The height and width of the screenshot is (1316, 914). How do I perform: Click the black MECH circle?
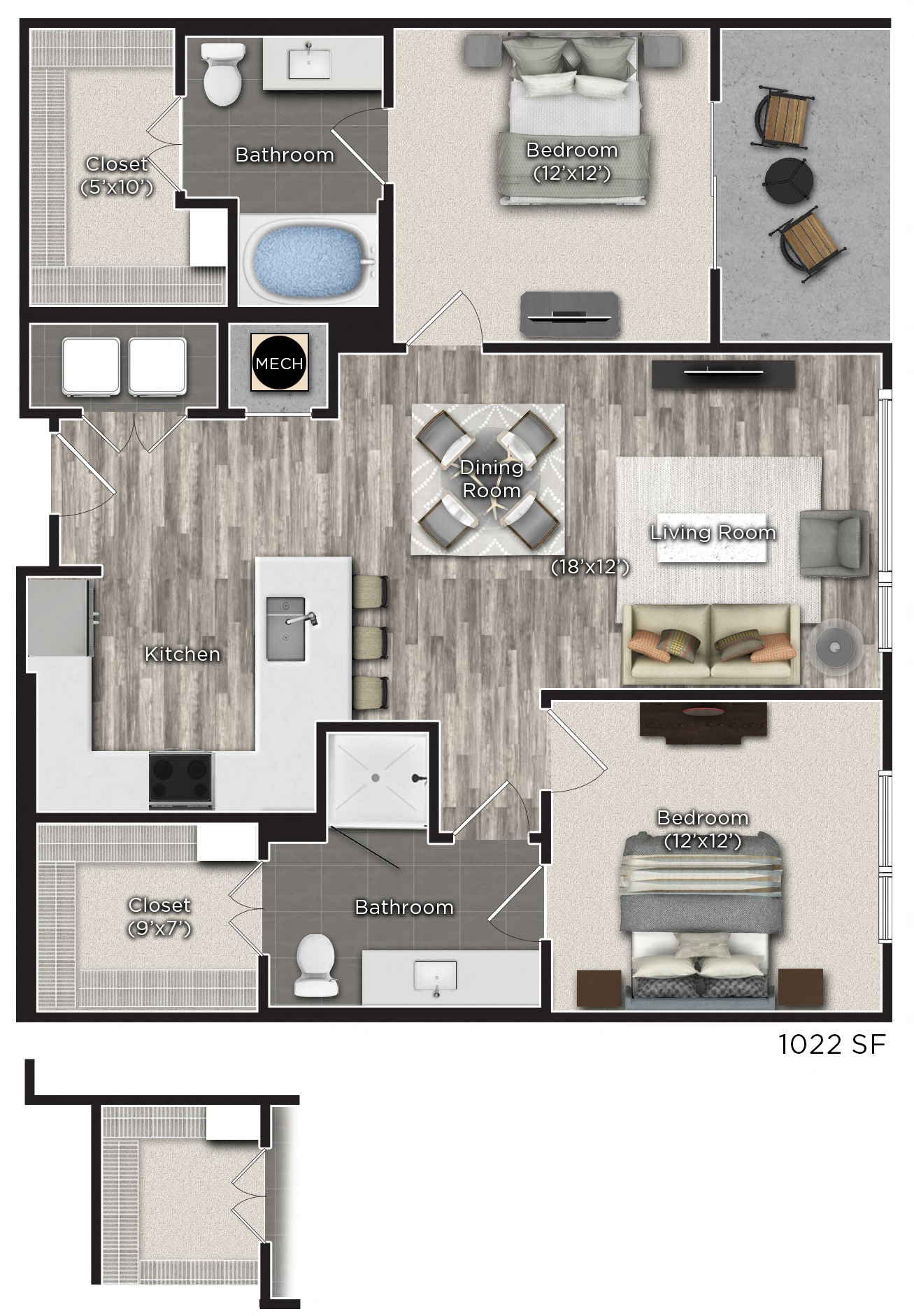pos(279,363)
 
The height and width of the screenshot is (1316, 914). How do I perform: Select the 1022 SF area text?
pos(831,1045)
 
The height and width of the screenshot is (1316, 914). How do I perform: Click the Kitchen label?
pos(182,654)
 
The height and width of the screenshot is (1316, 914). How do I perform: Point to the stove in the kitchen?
pos(181,779)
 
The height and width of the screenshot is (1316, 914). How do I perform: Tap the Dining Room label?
pos(491,478)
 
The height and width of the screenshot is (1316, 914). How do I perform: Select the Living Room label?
pos(713,533)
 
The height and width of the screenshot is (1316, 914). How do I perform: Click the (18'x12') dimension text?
pos(590,566)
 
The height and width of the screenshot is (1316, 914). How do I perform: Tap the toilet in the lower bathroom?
pos(317,965)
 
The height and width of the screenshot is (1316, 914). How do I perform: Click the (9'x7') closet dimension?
pos(159,928)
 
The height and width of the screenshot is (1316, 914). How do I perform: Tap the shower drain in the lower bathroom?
pos(376,776)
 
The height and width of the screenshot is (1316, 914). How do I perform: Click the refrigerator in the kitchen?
pos(59,619)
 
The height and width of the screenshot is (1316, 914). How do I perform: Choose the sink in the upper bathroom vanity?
pos(308,61)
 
